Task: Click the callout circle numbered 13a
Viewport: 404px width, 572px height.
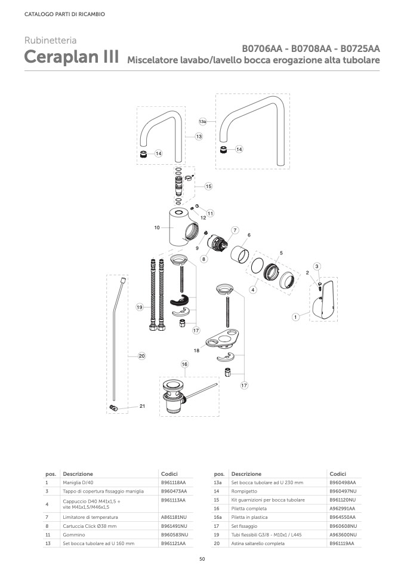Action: tap(202, 121)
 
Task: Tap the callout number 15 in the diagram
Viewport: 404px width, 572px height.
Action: tap(208, 186)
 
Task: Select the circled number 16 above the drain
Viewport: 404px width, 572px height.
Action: tap(184, 364)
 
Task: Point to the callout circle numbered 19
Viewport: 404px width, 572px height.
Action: tap(140, 307)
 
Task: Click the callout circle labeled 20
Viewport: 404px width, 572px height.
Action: tap(142, 356)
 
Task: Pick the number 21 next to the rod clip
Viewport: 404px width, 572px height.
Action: tap(142, 406)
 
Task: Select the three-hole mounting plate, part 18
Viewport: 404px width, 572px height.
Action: tap(222, 340)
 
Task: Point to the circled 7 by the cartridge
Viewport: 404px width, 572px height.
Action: tap(235, 230)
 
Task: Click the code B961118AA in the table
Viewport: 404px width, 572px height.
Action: tap(173, 482)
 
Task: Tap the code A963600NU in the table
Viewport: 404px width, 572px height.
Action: tap(343, 535)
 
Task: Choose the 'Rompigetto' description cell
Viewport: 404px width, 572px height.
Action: tap(244, 491)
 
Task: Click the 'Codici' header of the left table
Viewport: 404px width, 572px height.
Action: tap(169, 474)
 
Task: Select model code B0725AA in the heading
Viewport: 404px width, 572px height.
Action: tap(360, 48)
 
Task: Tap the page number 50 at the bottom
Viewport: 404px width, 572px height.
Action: tap(202, 559)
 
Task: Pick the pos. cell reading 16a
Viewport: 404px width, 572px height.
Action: tap(218, 517)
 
